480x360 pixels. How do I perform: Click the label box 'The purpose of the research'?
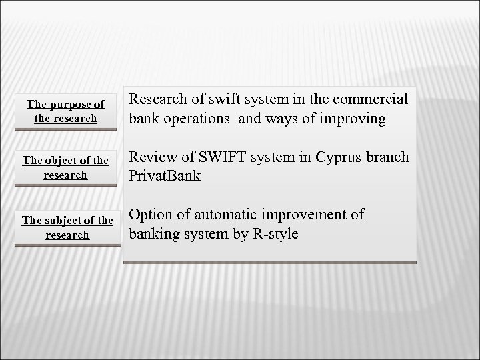tap(65, 111)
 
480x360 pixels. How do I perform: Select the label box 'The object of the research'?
tap(65, 169)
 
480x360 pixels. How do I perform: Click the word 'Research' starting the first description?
tap(156, 99)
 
